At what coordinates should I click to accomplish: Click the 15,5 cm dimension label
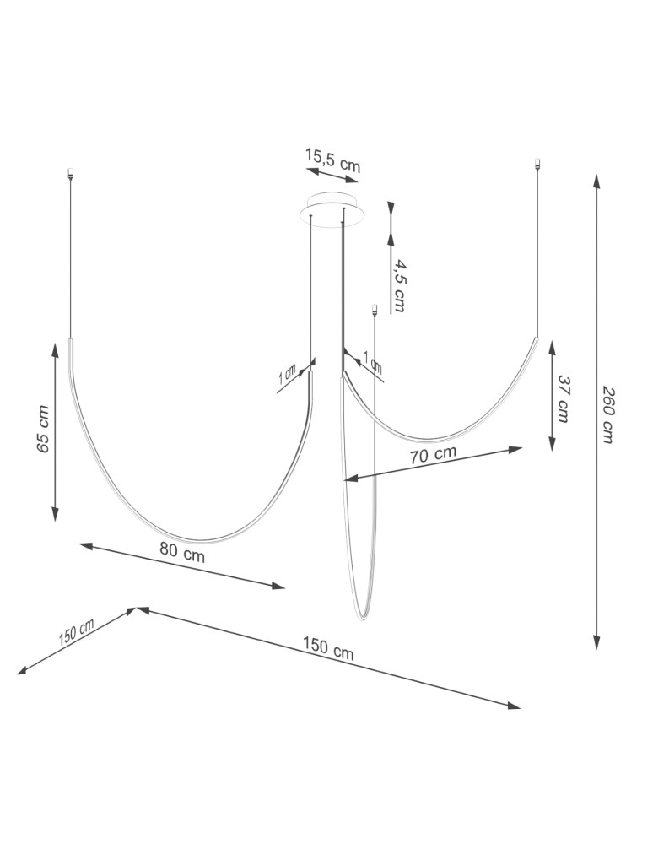point(332,160)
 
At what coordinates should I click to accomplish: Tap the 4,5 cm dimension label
point(398,285)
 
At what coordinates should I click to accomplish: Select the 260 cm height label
point(607,414)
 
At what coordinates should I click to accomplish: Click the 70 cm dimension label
point(433,455)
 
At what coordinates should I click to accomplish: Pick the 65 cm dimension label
point(44,429)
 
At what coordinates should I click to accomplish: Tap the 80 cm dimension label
point(182,551)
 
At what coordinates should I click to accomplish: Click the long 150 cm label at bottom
point(328,647)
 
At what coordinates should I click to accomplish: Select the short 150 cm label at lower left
point(77,631)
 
